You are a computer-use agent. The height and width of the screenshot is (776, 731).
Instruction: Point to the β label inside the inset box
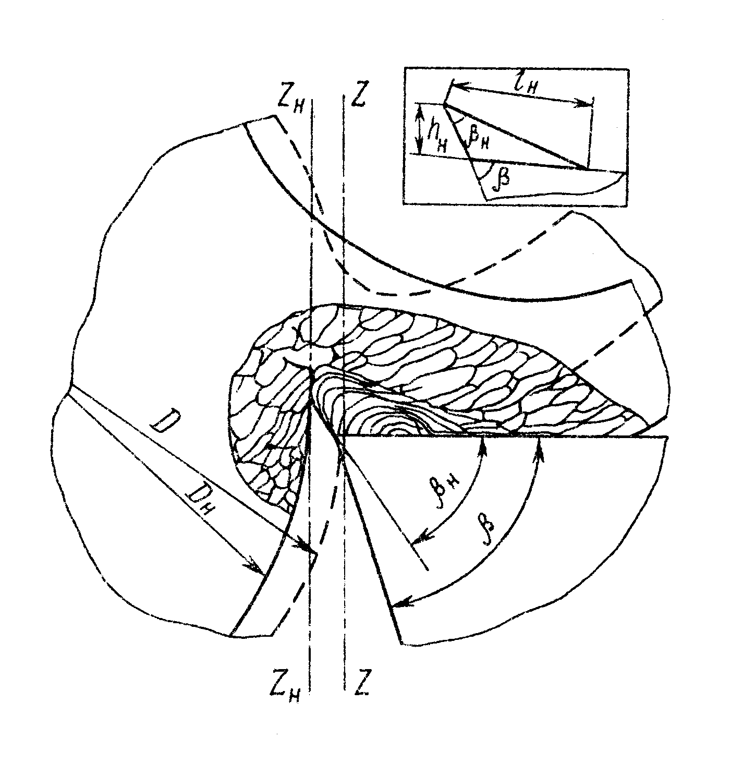click(502, 178)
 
